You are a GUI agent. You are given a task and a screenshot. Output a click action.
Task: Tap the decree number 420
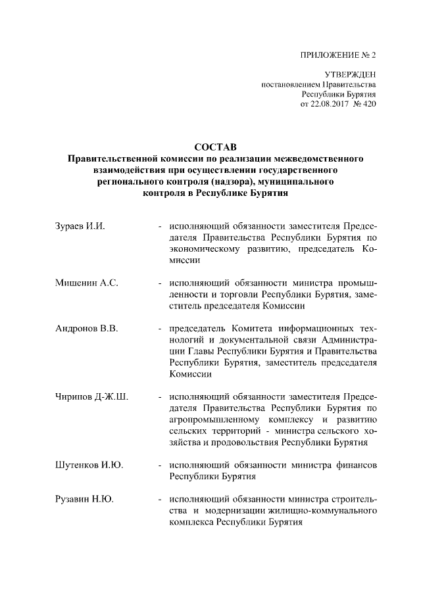(x=369, y=104)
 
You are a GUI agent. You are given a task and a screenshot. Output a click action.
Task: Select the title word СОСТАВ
(x=210, y=146)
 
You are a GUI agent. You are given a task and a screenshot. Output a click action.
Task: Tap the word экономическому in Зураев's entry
(x=203, y=249)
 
